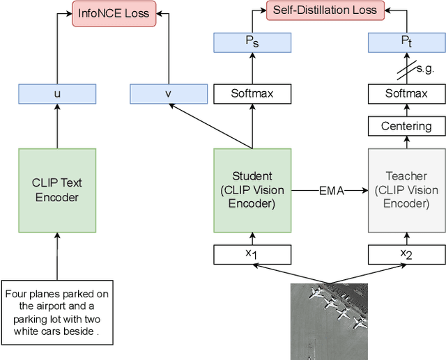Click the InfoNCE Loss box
(x=114, y=13)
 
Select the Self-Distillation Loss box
(x=325, y=10)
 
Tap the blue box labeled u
(x=56, y=93)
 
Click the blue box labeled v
(x=168, y=93)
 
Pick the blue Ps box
(x=252, y=43)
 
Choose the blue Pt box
(x=406, y=43)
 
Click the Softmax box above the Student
(x=252, y=93)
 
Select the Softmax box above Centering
(x=406, y=93)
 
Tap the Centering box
(x=406, y=126)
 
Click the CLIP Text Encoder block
(x=56, y=190)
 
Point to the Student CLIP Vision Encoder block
(x=252, y=190)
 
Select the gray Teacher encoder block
(x=406, y=190)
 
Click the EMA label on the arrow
(x=332, y=191)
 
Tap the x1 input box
(x=252, y=255)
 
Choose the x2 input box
(x=406, y=255)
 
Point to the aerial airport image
(x=329, y=321)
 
